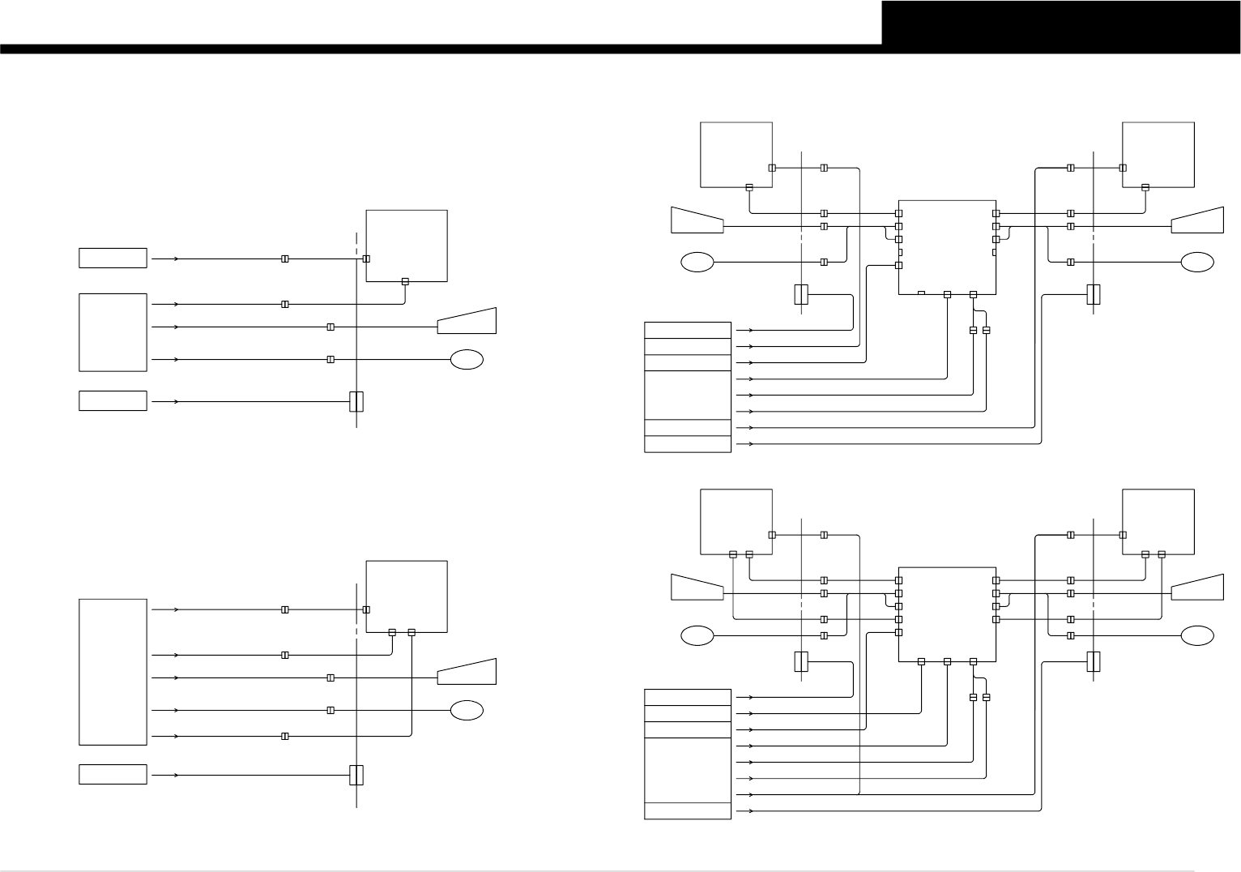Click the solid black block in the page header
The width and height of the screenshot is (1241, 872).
click(x=1060, y=22)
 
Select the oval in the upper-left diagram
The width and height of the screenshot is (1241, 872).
click(x=467, y=359)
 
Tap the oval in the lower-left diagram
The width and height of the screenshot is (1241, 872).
click(x=467, y=710)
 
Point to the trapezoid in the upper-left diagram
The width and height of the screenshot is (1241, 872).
click(x=467, y=322)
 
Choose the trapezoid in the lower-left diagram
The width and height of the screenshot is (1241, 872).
click(x=467, y=673)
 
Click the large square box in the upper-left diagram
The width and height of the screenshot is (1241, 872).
click(x=407, y=246)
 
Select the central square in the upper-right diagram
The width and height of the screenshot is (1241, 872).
click(x=947, y=247)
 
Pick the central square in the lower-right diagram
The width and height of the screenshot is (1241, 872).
click(x=947, y=614)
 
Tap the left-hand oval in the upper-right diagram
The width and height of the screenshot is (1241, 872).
click(x=697, y=262)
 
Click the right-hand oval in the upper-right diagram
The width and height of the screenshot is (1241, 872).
click(x=1197, y=262)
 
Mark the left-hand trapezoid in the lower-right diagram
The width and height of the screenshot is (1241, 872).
click(x=697, y=587)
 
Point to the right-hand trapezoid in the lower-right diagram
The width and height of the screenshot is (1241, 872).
click(x=1197, y=587)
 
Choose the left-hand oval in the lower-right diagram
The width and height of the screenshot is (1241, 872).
click(x=697, y=635)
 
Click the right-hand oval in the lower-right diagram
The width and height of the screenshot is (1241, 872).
click(x=1197, y=635)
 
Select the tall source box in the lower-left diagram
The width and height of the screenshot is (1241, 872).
click(x=113, y=672)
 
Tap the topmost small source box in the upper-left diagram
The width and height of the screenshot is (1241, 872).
click(x=113, y=258)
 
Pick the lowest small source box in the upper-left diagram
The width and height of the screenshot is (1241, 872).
click(x=113, y=400)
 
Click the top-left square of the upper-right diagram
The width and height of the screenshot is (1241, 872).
click(x=736, y=154)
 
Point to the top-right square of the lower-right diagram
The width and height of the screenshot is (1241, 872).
click(x=1158, y=522)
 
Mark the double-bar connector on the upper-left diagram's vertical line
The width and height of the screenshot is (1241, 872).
click(x=356, y=401)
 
